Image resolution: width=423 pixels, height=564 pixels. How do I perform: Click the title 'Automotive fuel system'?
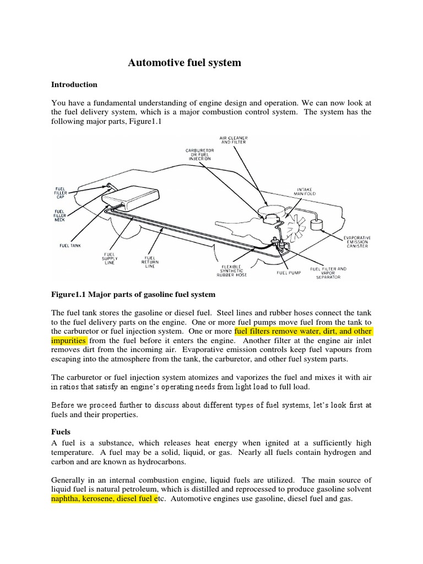[x=185, y=63]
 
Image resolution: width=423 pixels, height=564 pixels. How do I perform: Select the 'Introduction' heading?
[x=74, y=85]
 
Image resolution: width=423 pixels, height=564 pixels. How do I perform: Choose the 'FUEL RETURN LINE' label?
[x=150, y=262]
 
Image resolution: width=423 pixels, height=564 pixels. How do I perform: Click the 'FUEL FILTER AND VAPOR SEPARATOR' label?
[x=329, y=273]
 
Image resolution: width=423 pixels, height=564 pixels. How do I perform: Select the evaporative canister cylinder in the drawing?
[x=316, y=224]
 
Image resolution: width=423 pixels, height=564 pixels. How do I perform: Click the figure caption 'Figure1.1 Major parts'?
[x=133, y=295]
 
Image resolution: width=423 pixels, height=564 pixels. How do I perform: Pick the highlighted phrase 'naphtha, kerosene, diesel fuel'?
[x=104, y=499]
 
